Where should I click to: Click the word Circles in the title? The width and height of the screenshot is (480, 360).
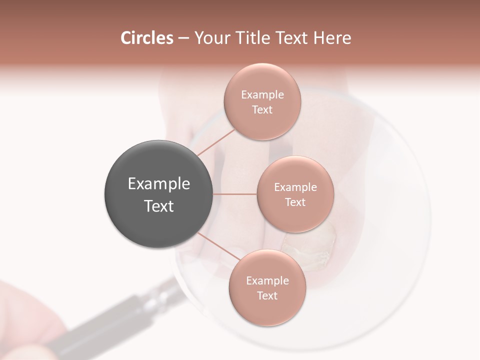pyautogui.click(x=147, y=38)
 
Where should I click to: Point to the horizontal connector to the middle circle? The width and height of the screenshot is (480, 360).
pyautogui.click(x=235, y=194)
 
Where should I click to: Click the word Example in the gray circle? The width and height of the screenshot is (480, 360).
pyautogui.click(x=159, y=184)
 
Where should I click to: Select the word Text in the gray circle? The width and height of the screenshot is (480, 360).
pyautogui.click(x=159, y=206)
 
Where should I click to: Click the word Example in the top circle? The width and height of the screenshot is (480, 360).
pyautogui.click(x=262, y=95)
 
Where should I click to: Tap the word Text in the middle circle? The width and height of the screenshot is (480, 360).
pyautogui.click(x=295, y=202)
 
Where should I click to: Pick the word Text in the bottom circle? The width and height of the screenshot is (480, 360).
pyautogui.click(x=267, y=296)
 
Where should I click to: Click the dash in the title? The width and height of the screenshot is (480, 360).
pyautogui.click(x=183, y=38)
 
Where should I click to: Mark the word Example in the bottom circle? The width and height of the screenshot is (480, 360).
pyautogui.click(x=267, y=281)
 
